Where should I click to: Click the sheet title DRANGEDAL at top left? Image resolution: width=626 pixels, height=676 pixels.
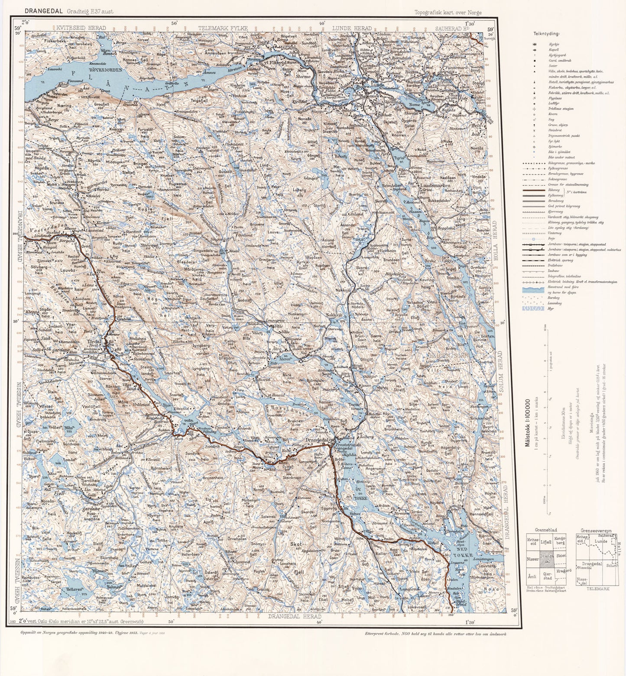point(43,11)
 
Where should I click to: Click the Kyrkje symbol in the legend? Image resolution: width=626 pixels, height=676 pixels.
point(535,44)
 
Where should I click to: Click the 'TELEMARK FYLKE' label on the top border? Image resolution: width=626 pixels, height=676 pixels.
point(223,28)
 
